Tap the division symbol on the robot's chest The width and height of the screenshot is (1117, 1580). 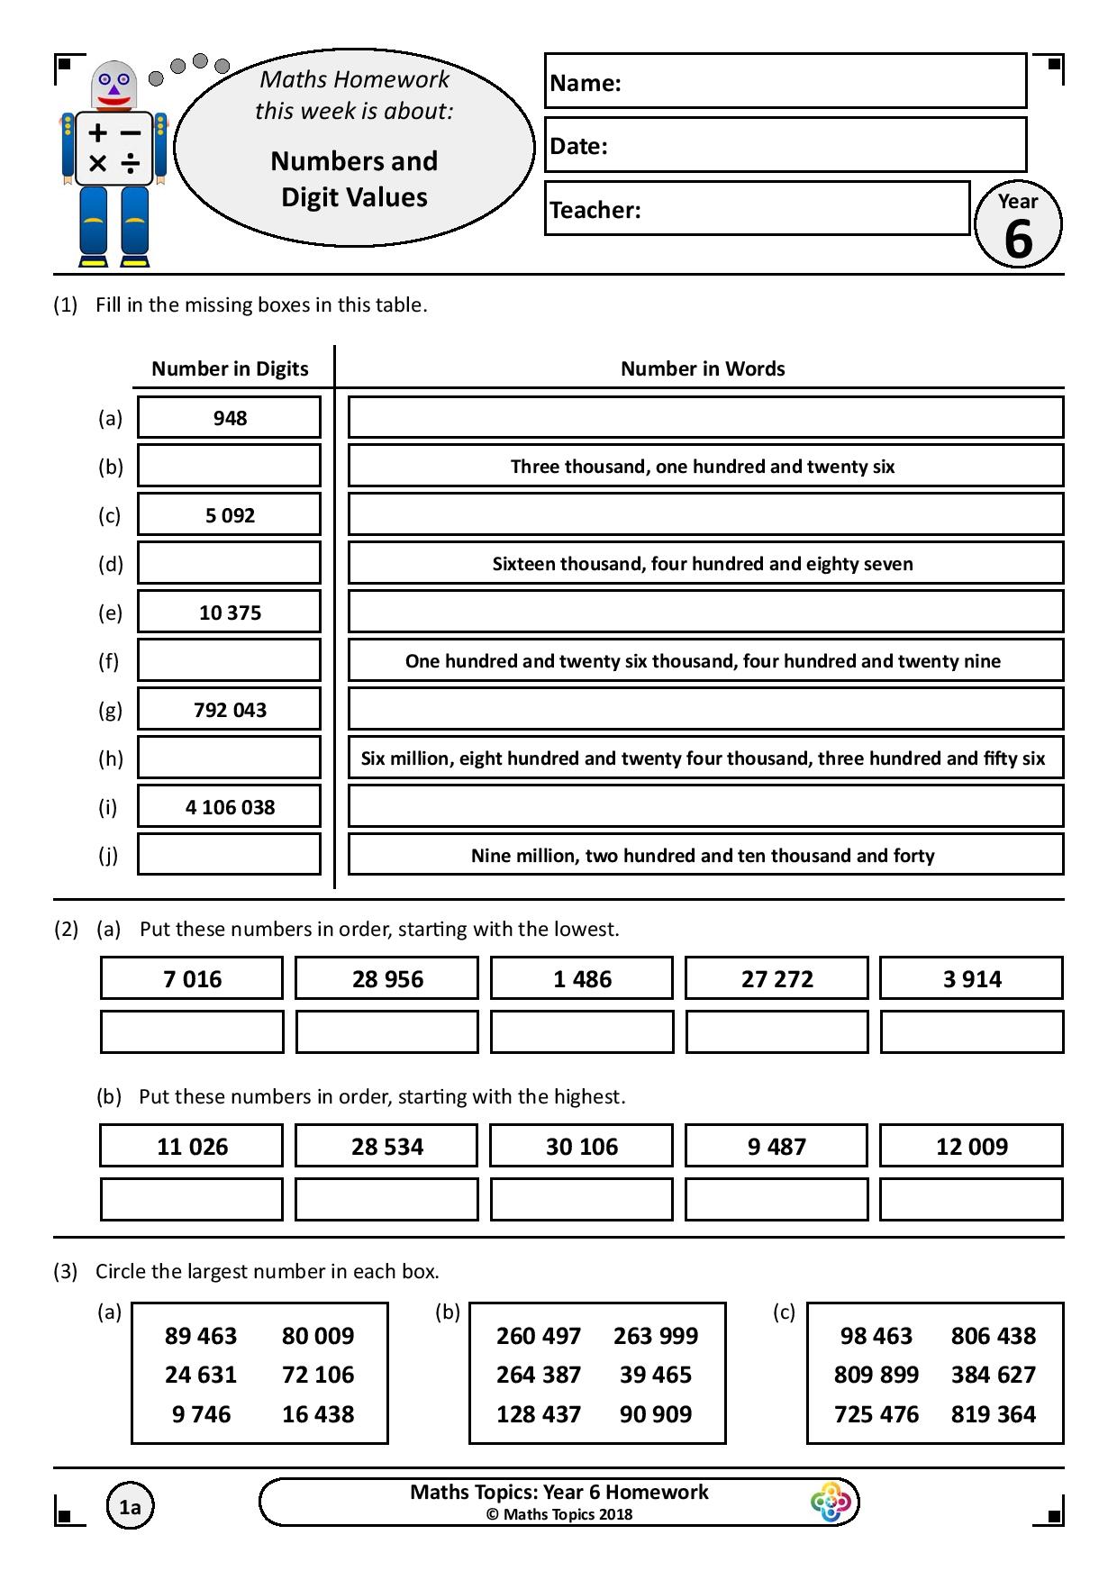(x=132, y=163)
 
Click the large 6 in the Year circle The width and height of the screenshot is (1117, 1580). (x=1018, y=239)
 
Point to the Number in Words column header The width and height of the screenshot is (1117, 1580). (x=703, y=368)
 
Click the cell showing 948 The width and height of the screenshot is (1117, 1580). (x=230, y=418)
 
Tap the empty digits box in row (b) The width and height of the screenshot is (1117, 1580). (x=230, y=467)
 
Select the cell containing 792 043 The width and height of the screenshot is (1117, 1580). (x=230, y=710)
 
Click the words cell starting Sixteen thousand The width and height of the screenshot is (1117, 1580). (x=703, y=564)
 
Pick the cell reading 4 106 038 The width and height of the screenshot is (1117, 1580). (x=230, y=807)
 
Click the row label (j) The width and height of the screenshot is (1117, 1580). (x=108, y=856)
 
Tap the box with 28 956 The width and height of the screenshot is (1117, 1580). (x=387, y=979)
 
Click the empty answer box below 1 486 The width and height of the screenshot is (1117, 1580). (x=582, y=1032)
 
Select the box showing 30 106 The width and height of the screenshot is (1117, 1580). (x=582, y=1147)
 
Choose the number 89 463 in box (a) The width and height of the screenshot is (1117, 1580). (x=201, y=1336)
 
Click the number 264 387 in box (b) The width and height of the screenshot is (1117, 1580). (x=539, y=1375)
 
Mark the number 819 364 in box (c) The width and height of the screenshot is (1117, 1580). (x=994, y=1414)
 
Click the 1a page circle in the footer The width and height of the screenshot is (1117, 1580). (x=130, y=1507)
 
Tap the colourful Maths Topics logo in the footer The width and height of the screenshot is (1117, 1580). (x=830, y=1503)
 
